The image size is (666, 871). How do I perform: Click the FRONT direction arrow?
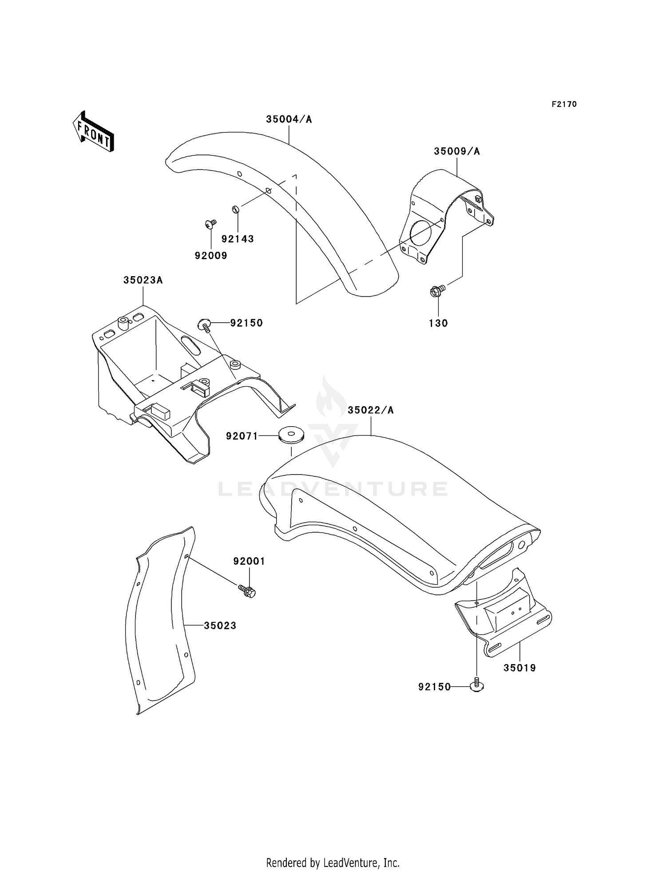click(x=94, y=132)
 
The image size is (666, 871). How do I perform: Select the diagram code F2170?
click(x=564, y=104)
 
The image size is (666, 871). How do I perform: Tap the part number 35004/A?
click(x=289, y=119)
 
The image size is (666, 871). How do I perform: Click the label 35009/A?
click(x=456, y=151)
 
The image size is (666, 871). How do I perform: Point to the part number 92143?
click(x=238, y=239)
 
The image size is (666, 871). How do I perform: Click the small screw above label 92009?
click(x=210, y=224)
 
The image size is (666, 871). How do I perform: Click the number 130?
click(x=438, y=323)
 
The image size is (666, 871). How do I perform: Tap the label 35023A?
click(x=143, y=280)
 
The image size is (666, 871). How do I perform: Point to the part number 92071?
click(x=242, y=436)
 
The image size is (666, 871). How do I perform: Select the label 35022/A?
click(x=370, y=410)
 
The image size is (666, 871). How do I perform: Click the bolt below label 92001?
click(x=248, y=590)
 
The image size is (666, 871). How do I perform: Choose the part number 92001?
click(x=249, y=561)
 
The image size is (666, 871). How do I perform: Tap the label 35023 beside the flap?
click(x=220, y=626)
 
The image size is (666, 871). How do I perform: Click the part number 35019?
click(x=519, y=668)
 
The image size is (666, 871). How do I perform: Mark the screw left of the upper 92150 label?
click(x=205, y=325)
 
